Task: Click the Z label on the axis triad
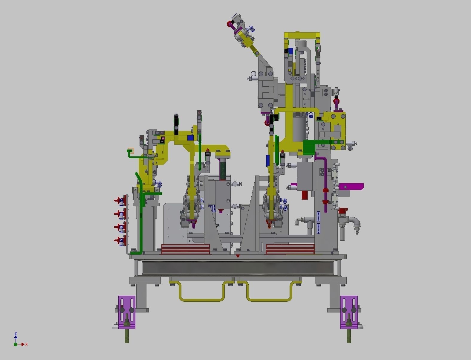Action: [16, 333]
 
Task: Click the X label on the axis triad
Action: [27, 344]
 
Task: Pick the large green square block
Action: [309, 147]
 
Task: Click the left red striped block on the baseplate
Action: [185, 249]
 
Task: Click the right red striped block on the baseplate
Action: [290, 249]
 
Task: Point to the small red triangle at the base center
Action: [238, 256]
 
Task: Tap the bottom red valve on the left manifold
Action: [120, 240]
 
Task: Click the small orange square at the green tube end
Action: [131, 151]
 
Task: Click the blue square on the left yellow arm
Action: [190, 138]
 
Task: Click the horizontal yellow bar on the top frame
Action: [302, 35]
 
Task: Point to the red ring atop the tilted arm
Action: [230, 24]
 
